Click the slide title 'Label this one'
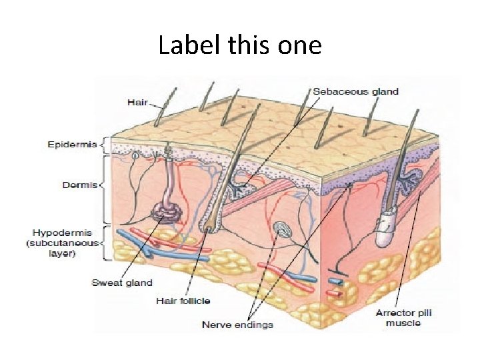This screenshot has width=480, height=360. pos(240,45)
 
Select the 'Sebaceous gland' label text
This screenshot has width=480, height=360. pos(355,91)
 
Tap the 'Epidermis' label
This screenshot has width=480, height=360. pos(71,144)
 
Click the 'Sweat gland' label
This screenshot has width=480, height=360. pos(122,283)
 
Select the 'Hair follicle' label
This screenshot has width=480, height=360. pos(184,300)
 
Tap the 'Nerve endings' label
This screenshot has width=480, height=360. pos(237,325)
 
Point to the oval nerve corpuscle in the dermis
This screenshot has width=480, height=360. pos(282,231)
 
